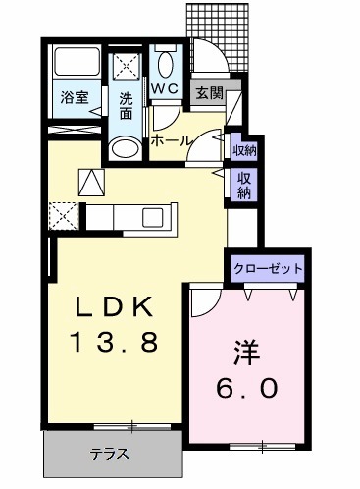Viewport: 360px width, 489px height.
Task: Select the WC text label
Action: [x=164, y=86]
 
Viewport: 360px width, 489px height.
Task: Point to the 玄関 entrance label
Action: [x=209, y=93]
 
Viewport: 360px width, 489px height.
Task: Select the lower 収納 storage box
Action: [x=242, y=185]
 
